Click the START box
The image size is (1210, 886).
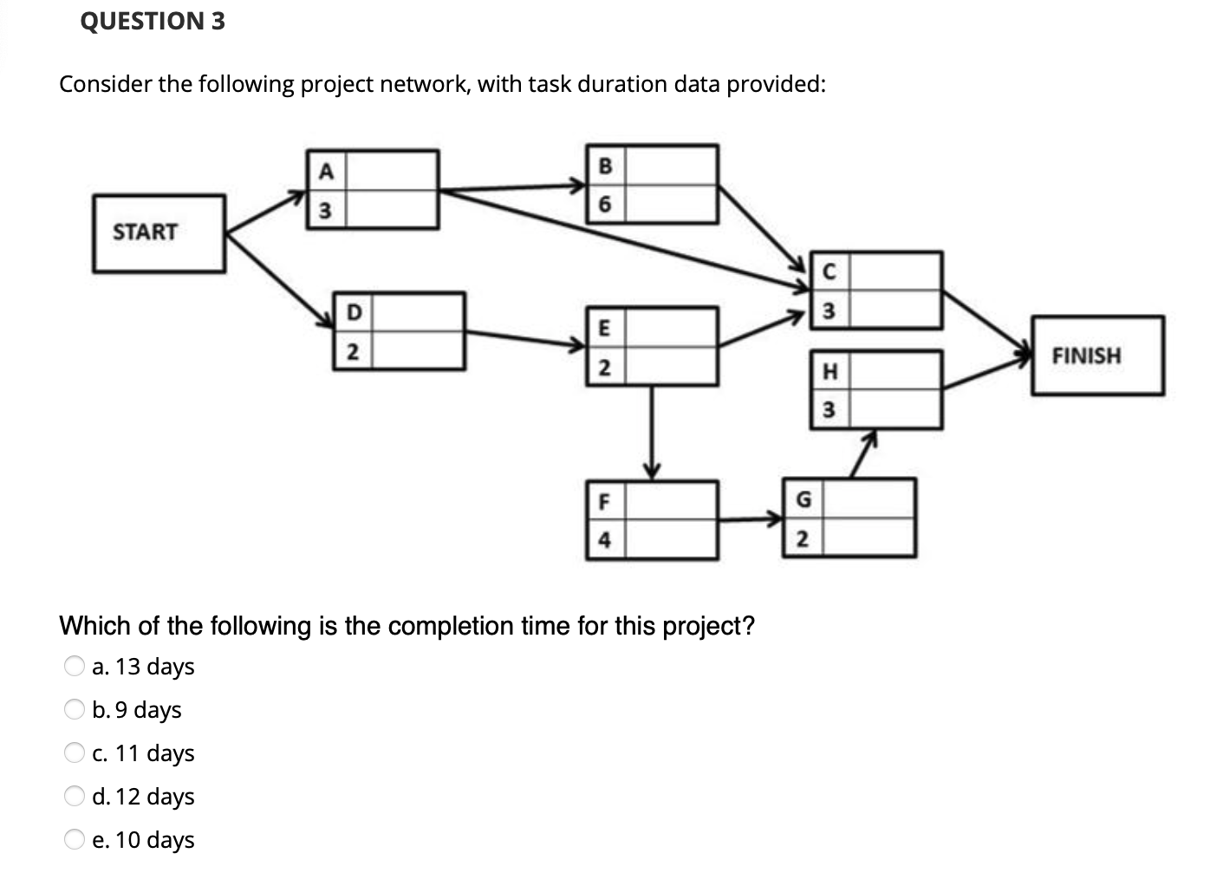click(x=159, y=233)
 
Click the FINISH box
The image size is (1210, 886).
click(x=1097, y=355)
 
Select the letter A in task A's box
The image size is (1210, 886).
click(x=325, y=170)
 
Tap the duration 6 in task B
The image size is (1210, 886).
click(x=605, y=205)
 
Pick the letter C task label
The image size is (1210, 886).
click(x=828, y=271)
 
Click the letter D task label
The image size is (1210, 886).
click(x=353, y=312)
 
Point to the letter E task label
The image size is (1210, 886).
click(x=604, y=327)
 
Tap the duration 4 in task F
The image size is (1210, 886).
click(x=604, y=540)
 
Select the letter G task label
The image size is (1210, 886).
click(x=803, y=499)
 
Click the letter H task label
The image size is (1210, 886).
click(x=829, y=372)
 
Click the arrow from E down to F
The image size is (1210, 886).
click(x=652, y=430)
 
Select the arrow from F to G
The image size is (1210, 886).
click(x=751, y=520)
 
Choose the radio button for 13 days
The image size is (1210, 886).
click(x=75, y=667)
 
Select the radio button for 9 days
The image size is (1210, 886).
click(x=75, y=710)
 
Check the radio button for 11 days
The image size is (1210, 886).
click(x=75, y=753)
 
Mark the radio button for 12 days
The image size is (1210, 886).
click(x=75, y=797)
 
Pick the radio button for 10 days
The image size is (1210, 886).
click(x=75, y=840)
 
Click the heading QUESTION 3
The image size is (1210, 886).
click(x=153, y=21)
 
